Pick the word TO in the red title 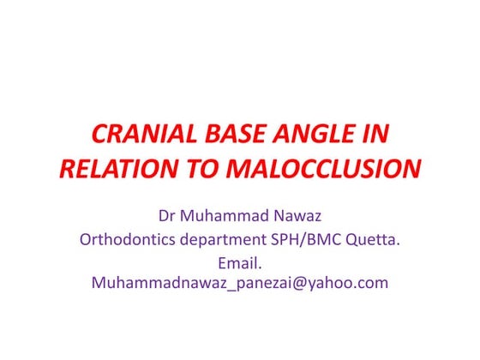click(200, 168)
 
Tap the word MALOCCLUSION click(322, 168)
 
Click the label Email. click(239, 261)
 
